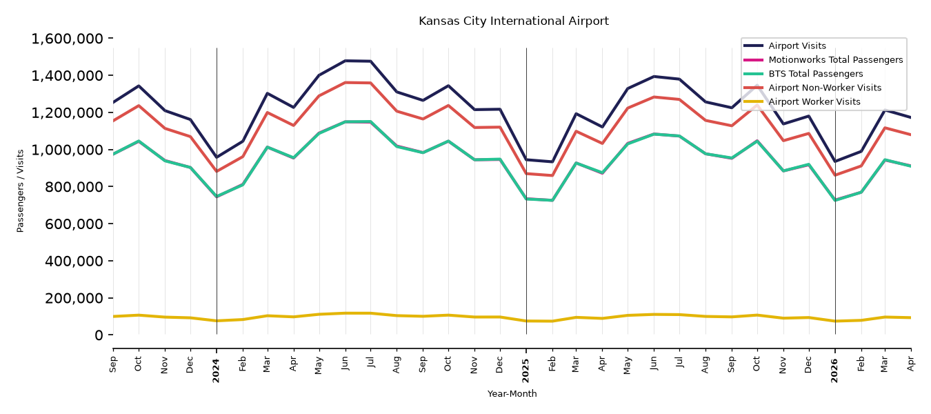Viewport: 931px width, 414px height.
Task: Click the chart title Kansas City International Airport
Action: tap(513, 21)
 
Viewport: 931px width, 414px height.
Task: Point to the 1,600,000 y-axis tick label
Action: tap(68, 39)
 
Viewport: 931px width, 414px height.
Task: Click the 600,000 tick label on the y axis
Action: tap(74, 224)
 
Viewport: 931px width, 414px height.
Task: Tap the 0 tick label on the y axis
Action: tap(99, 335)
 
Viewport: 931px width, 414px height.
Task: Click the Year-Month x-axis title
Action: tap(512, 393)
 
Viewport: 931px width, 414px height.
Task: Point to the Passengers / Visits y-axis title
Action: tap(21, 191)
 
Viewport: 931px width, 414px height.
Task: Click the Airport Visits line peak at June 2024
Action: tap(346, 61)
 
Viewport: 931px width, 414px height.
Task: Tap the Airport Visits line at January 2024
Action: tap(217, 157)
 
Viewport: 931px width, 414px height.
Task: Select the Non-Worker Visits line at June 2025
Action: tap(654, 97)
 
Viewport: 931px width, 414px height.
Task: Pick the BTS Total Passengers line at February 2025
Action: tap(552, 200)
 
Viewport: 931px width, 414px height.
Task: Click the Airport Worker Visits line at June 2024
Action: tap(346, 313)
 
